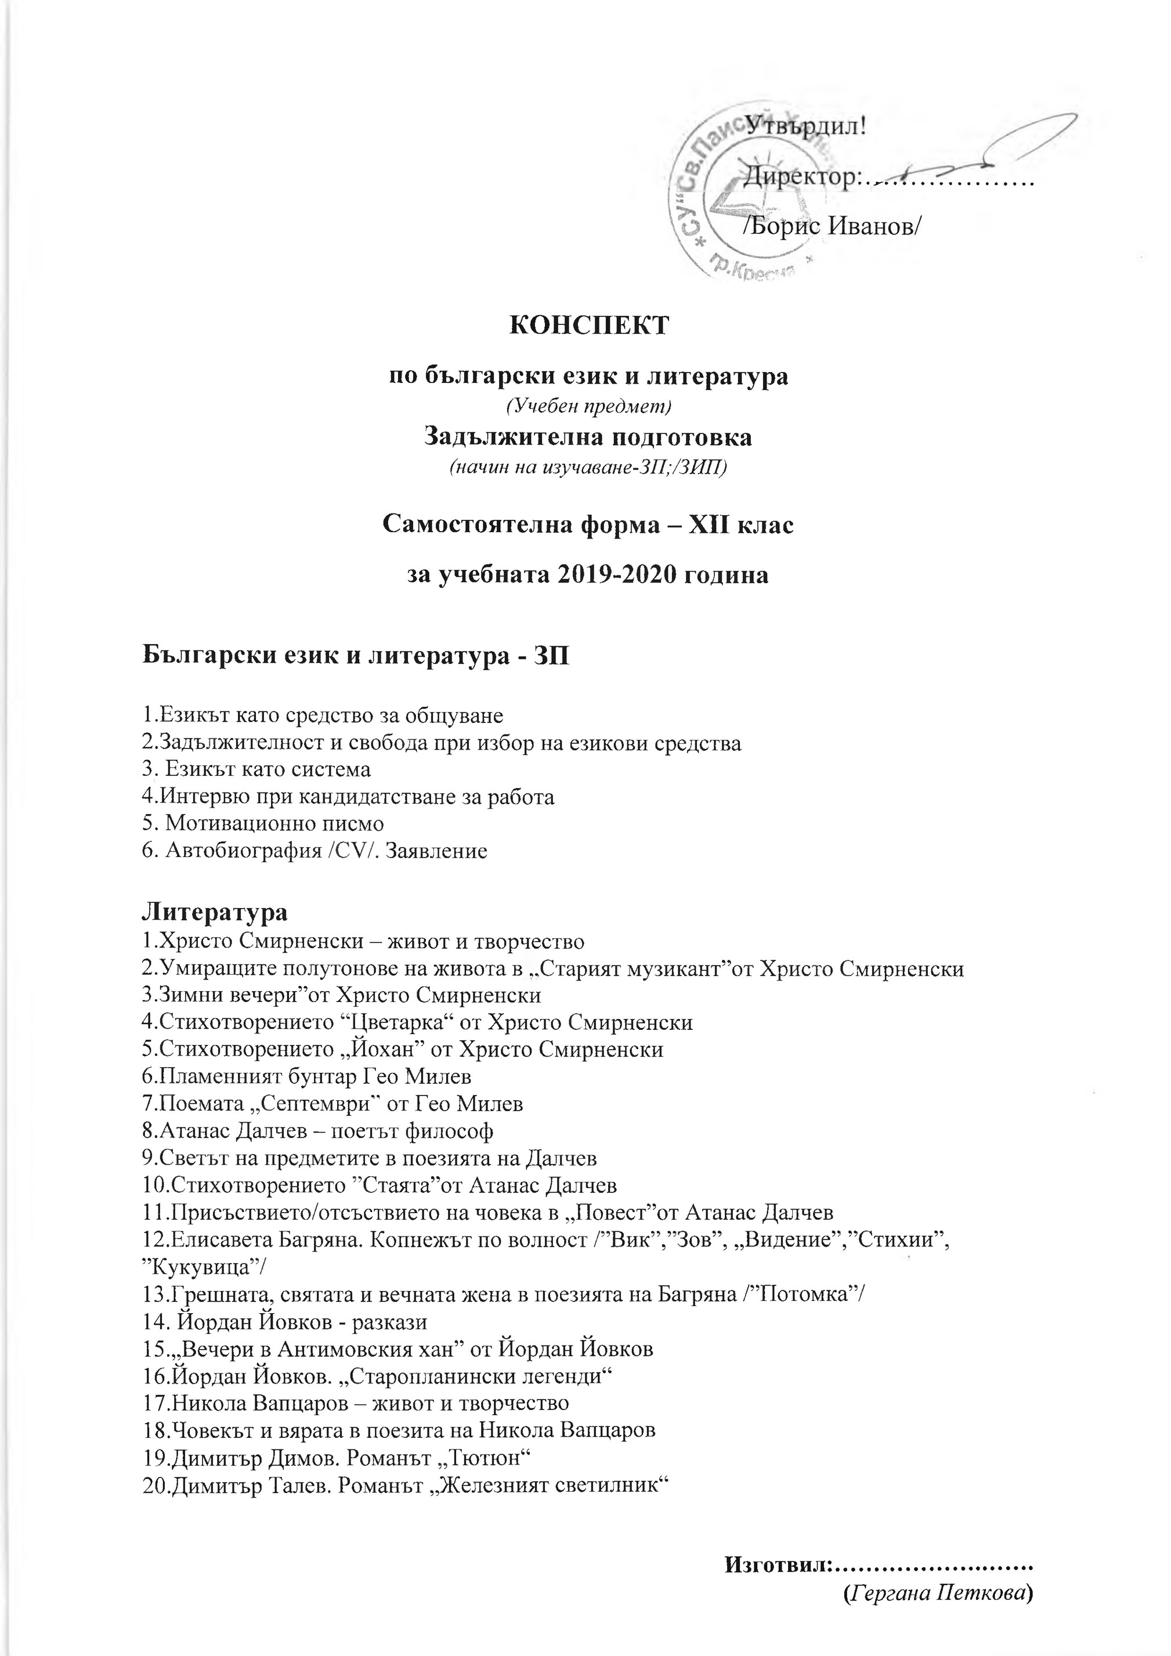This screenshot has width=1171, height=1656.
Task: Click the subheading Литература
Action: coord(214,911)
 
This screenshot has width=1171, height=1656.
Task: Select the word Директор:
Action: coord(801,175)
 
